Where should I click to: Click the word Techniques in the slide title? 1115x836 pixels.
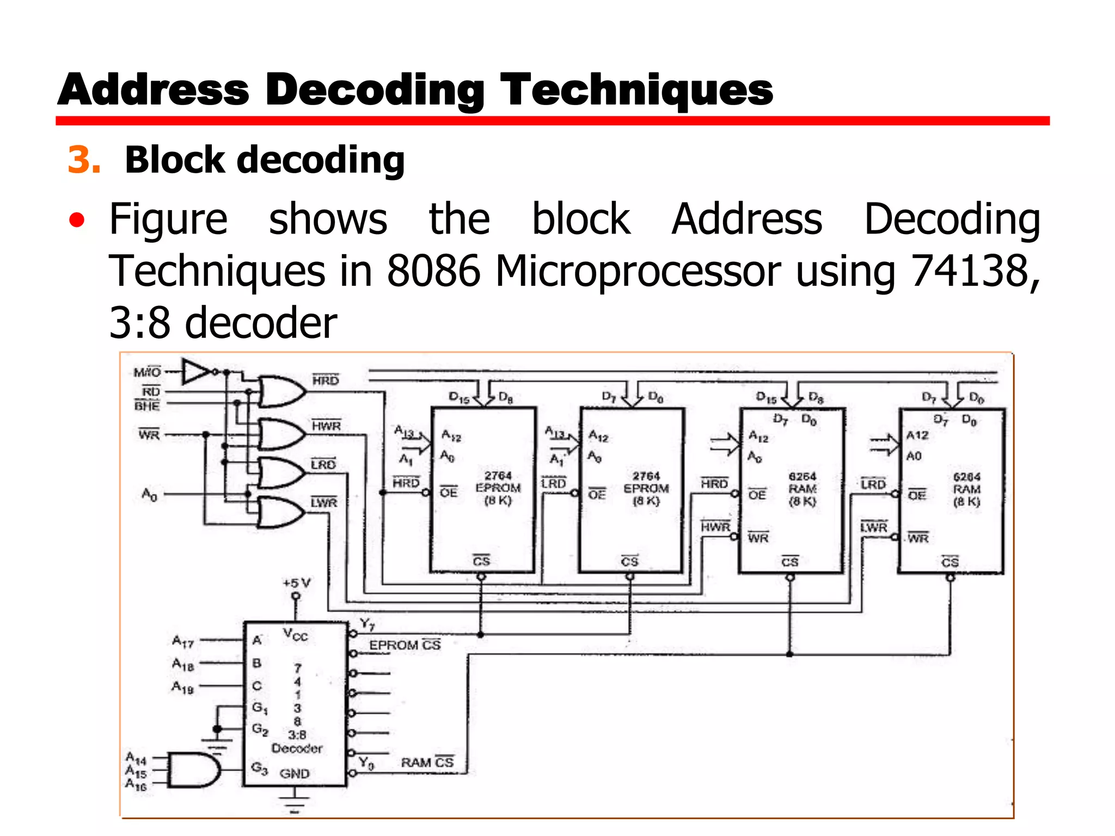636,90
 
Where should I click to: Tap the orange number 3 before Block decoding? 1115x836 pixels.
83,160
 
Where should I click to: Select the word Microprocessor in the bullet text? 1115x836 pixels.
638,271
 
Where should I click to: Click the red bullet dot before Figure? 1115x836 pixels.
77,220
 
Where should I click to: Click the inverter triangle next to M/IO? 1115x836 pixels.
196,372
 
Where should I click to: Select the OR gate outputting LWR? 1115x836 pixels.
280,512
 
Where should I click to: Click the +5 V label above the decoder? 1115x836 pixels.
297,583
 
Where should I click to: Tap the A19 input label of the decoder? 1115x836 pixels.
183,687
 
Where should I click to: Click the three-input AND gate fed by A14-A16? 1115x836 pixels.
193,770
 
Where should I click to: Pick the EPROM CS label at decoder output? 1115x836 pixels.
405,645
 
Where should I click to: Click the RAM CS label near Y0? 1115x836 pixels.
427,762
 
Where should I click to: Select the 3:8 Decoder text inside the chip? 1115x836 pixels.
297,742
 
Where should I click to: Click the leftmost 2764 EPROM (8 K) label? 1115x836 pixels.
498,488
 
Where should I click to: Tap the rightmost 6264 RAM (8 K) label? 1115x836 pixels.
966,489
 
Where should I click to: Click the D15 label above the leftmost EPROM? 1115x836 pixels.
458,398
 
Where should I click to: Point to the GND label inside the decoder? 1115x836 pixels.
295,773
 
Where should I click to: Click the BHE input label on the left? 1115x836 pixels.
147,406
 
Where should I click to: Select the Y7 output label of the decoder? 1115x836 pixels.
367,624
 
